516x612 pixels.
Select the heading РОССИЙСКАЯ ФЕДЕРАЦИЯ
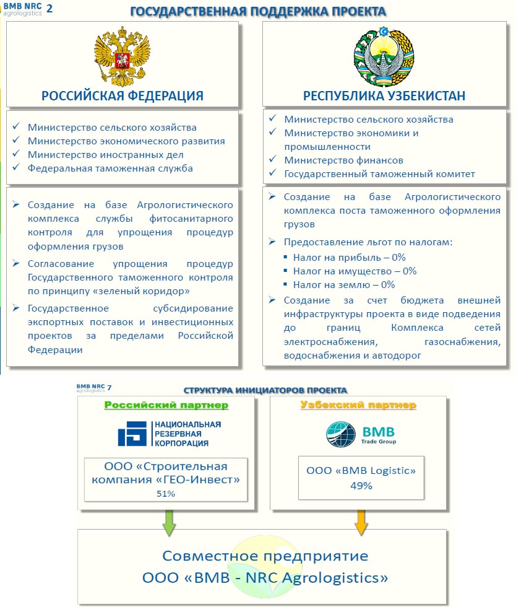[123, 95]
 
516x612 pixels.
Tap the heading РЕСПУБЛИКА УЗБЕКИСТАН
[384, 95]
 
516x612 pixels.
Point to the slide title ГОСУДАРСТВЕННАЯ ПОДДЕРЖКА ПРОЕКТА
[259, 11]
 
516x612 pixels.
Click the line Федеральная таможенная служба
[110, 168]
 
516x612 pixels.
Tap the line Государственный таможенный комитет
[379, 174]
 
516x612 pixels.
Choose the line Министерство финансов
[343, 160]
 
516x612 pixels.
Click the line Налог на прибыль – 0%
[350, 257]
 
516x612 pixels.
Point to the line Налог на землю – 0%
[345, 285]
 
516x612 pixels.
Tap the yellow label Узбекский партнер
[358, 405]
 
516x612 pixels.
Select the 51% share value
[166, 494]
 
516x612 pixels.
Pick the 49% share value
[361, 486]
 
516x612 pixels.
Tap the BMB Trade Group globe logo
[341, 434]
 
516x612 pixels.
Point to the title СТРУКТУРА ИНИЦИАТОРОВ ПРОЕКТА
[265, 390]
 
